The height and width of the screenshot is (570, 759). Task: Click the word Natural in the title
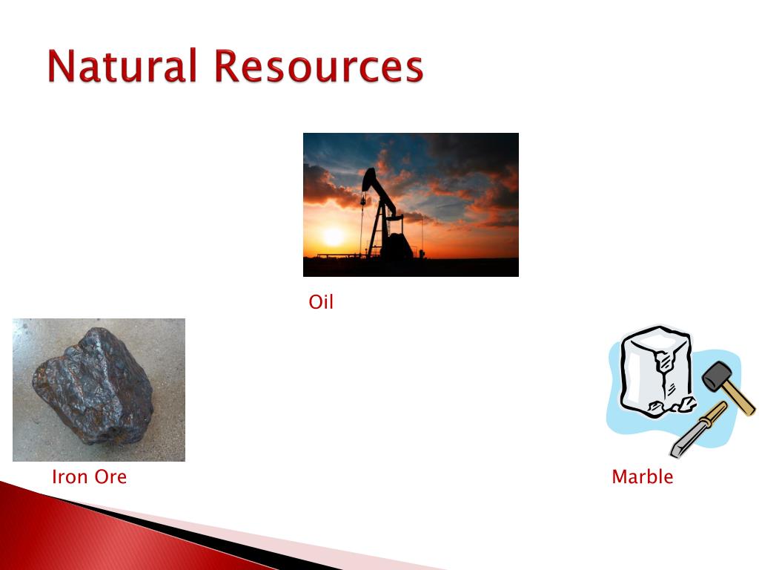(122, 65)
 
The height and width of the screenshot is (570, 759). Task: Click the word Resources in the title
(319, 65)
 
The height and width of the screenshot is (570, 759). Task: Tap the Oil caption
(321, 301)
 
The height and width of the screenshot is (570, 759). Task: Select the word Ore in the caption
(110, 476)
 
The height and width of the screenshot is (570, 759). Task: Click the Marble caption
(643, 476)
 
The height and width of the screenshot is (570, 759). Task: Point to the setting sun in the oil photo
(334, 236)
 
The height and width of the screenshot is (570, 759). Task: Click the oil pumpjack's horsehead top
(369, 177)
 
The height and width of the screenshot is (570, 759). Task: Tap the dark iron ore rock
(93, 386)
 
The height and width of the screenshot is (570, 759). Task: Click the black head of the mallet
(717, 376)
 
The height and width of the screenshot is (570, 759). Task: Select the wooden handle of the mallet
(739, 396)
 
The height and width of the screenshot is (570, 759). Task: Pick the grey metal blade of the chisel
(686, 442)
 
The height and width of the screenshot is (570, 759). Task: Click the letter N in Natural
(61, 65)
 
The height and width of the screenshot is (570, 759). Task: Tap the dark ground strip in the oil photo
(411, 267)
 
